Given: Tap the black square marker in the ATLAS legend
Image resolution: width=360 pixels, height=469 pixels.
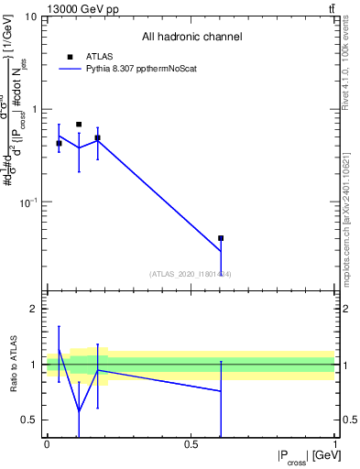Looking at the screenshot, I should tap(70, 57).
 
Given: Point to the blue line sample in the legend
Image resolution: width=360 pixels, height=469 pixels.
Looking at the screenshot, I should tap(70, 69).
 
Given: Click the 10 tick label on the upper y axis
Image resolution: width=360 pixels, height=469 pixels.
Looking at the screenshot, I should tap(31, 17).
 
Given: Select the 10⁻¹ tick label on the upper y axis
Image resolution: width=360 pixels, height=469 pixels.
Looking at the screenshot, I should tap(29, 201).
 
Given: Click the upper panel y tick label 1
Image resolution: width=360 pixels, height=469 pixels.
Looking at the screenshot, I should tap(35, 109).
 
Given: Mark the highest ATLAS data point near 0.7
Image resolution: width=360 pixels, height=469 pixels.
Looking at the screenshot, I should tap(79, 124).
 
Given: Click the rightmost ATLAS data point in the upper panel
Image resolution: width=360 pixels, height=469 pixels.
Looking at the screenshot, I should tap(221, 238).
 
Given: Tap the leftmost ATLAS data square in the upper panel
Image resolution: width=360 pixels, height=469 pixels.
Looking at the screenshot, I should tap(59, 143).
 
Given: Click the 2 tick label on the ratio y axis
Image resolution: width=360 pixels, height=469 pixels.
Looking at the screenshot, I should tap(35, 310).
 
